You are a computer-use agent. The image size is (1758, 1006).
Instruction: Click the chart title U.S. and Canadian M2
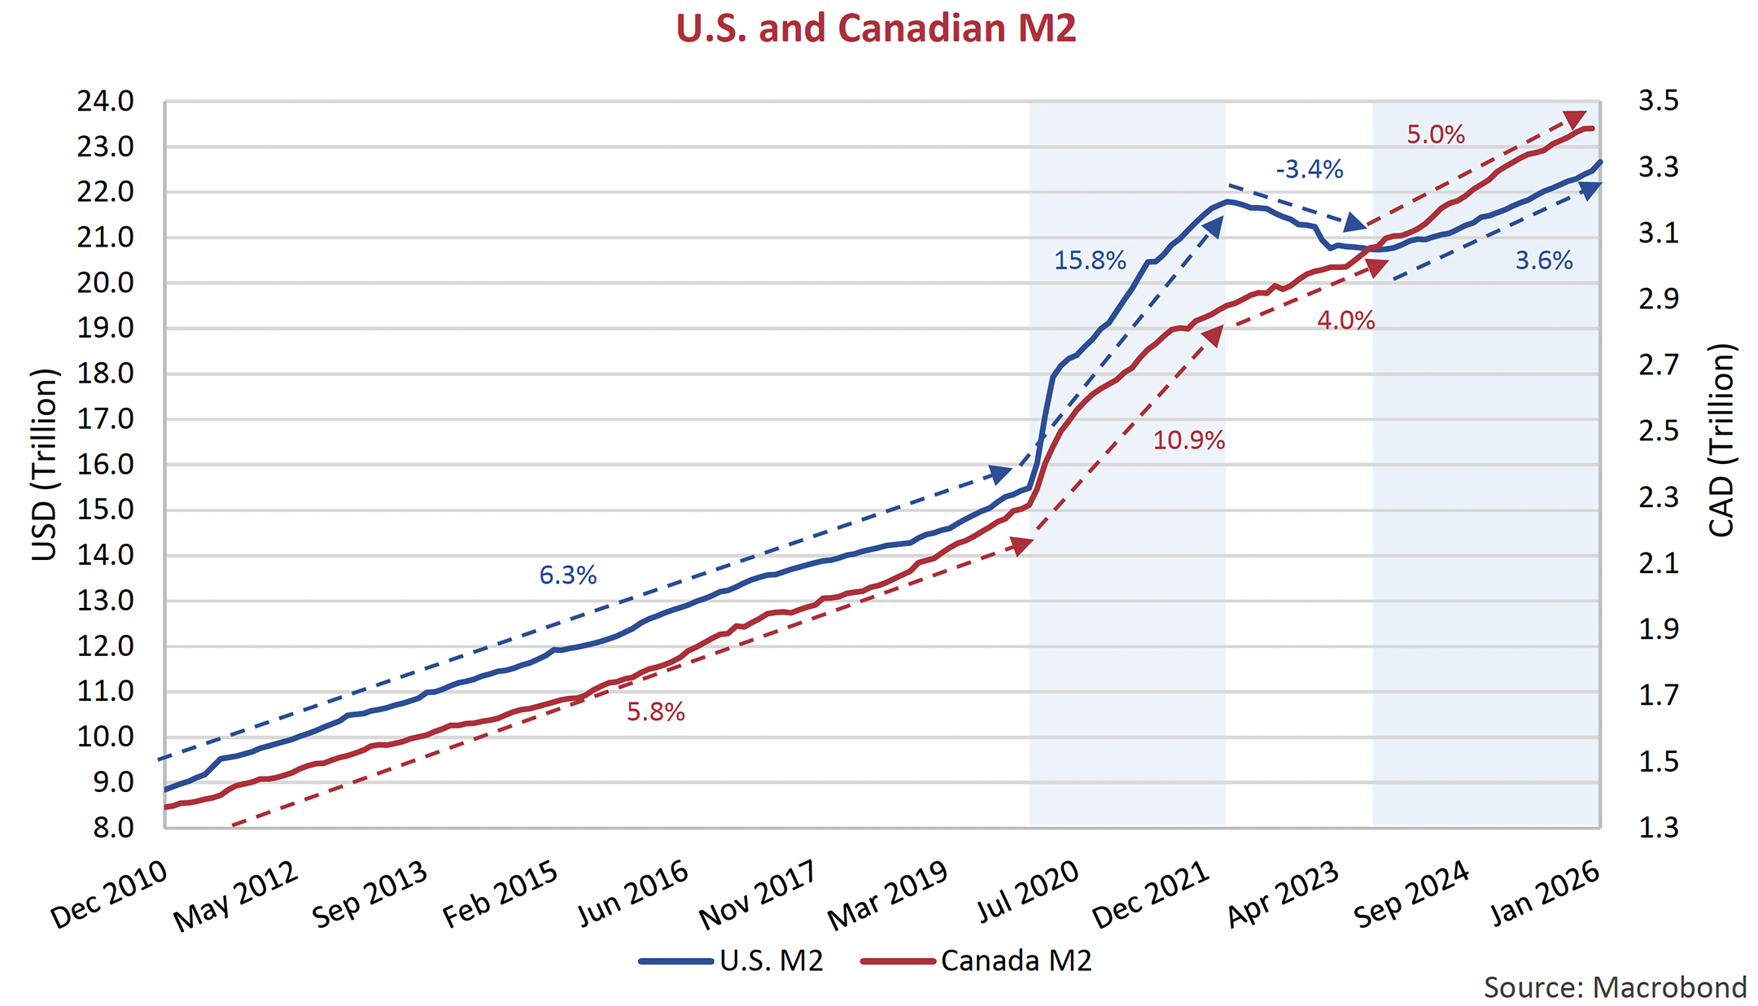(x=876, y=29)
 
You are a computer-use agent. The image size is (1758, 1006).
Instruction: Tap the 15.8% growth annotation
(x=1090, y=261)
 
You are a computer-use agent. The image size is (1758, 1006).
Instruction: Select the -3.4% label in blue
(x=1309, y=170)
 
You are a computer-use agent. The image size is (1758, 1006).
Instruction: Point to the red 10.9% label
(x=1188, y=441)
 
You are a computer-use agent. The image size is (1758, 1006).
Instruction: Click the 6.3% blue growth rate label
(x=568, y=576)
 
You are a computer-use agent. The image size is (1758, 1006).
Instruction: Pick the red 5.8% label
(x=655, y=713)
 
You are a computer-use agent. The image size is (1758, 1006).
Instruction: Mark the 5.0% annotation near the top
(x=1436, y=135)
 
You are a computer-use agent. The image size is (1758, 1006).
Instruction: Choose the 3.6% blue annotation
(x=1543, y=261)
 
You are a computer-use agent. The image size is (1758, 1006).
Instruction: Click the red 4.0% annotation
(x=1345, y=321)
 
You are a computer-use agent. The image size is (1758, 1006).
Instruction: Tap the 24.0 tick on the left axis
(x=106, y=103)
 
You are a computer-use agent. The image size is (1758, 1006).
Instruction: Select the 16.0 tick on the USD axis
(x=106, y=466)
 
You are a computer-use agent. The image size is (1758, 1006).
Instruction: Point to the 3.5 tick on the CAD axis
(x=1658, y=102)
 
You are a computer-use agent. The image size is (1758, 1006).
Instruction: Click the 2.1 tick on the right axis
(x=1658, y=563)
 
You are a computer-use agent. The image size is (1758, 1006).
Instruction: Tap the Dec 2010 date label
(x=110, y=894)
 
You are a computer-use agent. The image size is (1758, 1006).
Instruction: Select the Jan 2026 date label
(x=1546, y=893)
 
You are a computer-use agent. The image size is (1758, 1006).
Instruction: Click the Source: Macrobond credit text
(x=1615, y=987)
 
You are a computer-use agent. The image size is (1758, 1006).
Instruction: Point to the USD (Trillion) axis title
(x=45, y=465)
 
